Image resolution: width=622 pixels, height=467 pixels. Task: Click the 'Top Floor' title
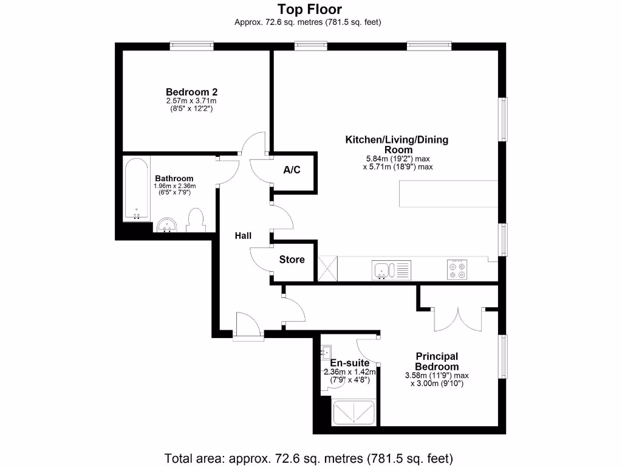point(310,9)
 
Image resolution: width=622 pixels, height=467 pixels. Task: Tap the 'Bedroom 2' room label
point(191,91)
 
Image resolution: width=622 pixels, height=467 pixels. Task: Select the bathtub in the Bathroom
point(136,189)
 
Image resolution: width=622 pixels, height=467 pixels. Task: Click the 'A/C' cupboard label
point(292,170)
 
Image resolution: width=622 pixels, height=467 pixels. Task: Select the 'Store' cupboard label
point(292,260)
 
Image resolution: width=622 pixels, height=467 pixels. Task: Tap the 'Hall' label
point(244,236)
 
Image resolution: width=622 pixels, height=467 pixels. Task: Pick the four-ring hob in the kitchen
point(456,269)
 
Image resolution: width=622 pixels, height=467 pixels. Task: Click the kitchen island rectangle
point(448,194)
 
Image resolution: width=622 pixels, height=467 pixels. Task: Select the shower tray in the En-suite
point(355,413)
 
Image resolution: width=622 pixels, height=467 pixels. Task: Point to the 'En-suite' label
point(349,363)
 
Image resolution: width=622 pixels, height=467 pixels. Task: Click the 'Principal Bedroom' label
point(436,361)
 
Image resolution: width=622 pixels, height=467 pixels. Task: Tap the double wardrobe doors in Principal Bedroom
point(459,317)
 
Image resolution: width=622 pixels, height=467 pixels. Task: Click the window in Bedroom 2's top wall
point(191,46)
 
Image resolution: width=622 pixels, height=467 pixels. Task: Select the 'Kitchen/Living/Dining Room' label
point(397,144)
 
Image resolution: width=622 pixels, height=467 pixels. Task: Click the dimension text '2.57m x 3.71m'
point(191,101)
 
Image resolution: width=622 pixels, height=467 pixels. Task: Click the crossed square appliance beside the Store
point(327,268)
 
